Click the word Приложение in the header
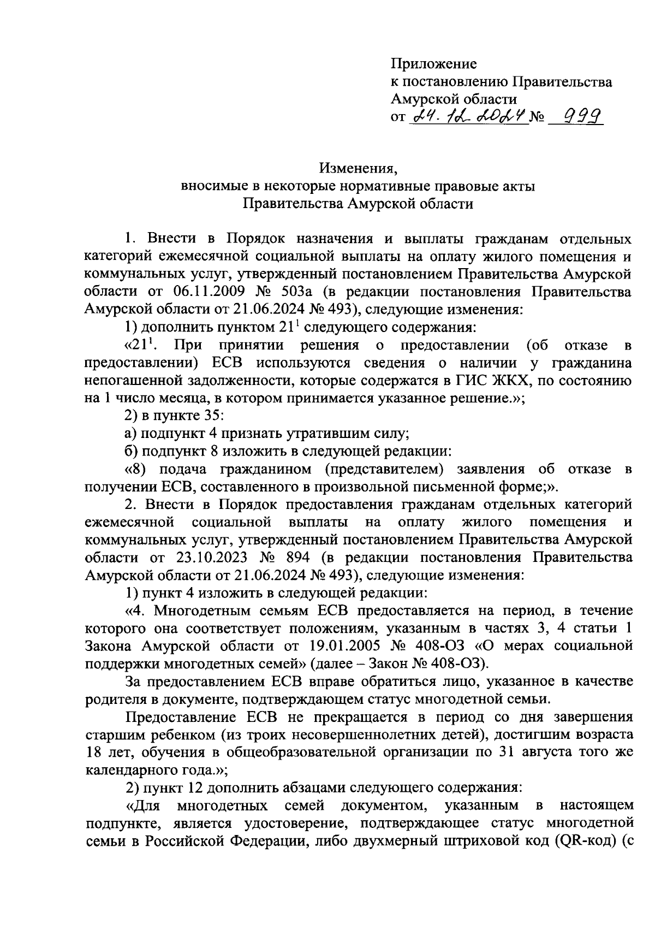pos(434,64)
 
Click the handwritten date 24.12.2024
pos(469,116)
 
